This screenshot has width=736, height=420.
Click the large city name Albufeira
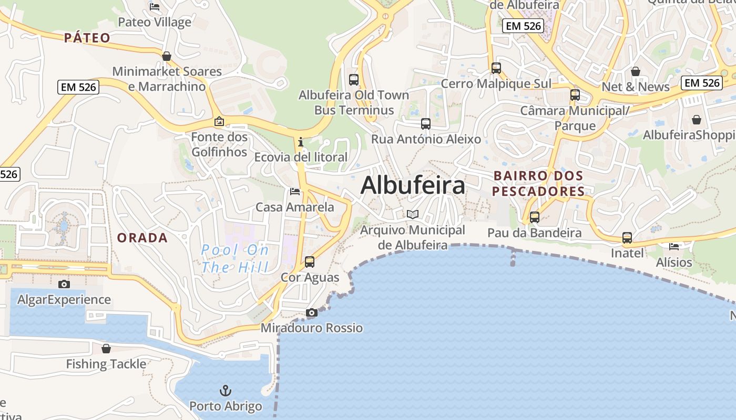[413, 185]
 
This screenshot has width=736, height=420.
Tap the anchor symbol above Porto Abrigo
[226, 391]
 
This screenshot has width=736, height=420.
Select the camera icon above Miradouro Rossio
[311, 313]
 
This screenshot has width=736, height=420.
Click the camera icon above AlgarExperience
[64, 284]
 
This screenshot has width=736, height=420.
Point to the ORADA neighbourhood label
[142, 238]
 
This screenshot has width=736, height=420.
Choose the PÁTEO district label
[87, 38]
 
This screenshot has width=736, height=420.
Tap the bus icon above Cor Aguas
[310, 261]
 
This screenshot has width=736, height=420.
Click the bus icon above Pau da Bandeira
[535, 217]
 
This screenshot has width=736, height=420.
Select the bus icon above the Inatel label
[627, 237]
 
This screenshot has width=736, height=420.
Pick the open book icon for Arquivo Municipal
[413, 214]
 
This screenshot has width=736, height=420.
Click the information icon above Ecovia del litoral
[300, 142]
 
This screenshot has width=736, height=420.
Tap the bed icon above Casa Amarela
[295, 192]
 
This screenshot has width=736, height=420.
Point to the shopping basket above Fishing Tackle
[106, 349]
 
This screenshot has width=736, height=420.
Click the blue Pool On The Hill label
[235, 258]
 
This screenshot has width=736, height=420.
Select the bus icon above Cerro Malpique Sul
[496, 68]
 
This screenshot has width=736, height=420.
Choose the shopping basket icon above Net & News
[636, 71]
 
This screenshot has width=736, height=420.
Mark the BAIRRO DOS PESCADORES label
[538, 183]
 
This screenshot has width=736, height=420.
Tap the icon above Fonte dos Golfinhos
[219, 122]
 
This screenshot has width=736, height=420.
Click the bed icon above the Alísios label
[674, 246]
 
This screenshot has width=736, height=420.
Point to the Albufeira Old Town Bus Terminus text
[354, 102]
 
